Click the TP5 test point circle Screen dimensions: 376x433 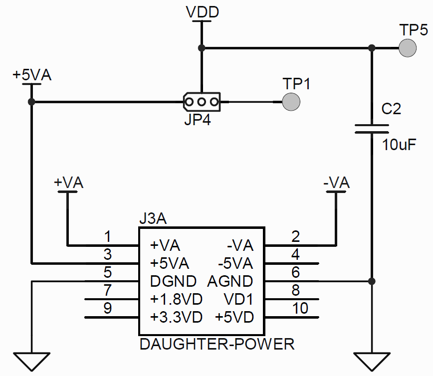point(408,48)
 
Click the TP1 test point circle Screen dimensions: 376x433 point(291,102)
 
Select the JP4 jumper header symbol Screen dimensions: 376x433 point(202,102)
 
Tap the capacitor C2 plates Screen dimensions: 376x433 point(371,129)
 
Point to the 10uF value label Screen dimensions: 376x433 point(399,145)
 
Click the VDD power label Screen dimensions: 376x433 point(202,12)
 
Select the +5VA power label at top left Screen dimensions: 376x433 point(32,75)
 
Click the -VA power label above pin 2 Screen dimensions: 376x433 point(336,183)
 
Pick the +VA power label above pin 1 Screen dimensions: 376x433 point(68,183)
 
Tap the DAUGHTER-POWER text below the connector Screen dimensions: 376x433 point(217,344)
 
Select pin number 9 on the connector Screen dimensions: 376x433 point(107,308)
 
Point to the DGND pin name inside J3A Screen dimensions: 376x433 point(173,281)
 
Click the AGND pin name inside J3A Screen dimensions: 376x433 point(230,281)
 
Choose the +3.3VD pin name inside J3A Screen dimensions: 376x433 point(176,317)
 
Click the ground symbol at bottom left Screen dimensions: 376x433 point(32,361)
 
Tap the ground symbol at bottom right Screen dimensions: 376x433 point(371,361)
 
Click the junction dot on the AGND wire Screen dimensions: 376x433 point(371,281)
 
